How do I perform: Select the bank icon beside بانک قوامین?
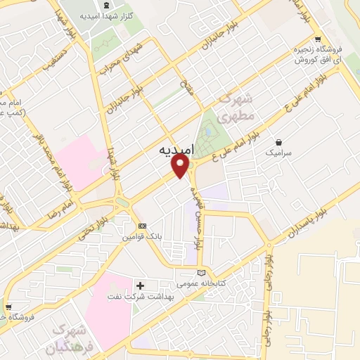click(143, 226)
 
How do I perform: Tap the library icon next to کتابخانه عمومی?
click(202, 271)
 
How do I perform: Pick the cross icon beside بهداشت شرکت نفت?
click(140, 285)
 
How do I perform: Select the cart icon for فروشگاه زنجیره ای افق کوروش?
click(318, 39)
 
